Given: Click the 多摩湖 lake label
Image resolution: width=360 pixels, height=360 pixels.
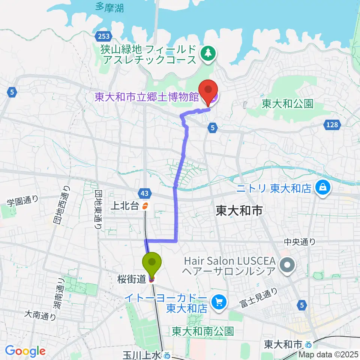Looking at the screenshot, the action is click(x=109, y=7).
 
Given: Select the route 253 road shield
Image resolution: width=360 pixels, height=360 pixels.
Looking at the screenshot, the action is click(x=102, y=36).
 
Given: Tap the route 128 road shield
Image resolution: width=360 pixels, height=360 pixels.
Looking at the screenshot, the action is click(x=331, y=125).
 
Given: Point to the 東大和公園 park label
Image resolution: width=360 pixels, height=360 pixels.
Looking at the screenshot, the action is click(x=287, y=103).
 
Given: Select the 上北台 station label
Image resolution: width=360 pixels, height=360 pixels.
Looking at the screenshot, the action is click(x=124, y=205).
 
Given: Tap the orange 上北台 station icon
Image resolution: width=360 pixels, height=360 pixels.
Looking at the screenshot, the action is click(x=145, y=205).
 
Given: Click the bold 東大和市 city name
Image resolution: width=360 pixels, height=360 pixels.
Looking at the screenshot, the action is click(x=238, y=211).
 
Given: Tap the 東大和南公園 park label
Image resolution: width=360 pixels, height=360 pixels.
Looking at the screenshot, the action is click(x=203, y=331).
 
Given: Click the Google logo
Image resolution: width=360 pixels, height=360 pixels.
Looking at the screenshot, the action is click(x=25, y=351).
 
